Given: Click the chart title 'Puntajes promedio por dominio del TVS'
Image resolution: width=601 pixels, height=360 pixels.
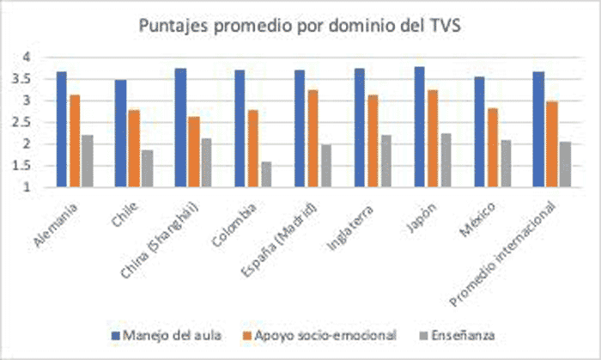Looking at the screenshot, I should (x=300, y=26).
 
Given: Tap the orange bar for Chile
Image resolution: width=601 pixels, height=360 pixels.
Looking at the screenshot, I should (x=134, y=148).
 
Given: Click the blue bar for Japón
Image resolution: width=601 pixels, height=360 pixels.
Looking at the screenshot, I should (x=419, y=126).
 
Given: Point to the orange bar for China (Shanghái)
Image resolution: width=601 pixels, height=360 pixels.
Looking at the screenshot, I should (x=194, y=151).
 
